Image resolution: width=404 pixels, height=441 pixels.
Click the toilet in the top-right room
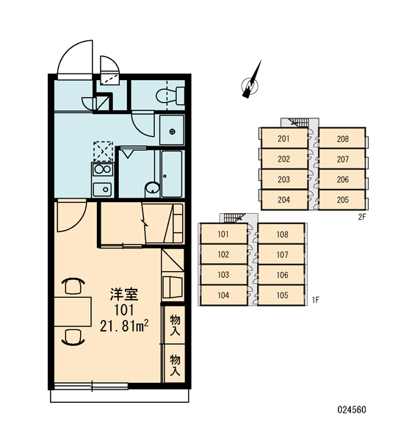pyautogui.click(x=170, y=96)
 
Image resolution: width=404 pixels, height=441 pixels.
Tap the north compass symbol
pyautogui.click(x=250, y=82)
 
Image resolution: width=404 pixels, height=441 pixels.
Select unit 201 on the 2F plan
pyautogui.click(x=284, y=138)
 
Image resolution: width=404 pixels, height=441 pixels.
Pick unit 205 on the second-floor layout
pyautogui.click(x=342, y=200)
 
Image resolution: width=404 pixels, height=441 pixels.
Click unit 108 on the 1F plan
pyautogui.click(x=281, y=234)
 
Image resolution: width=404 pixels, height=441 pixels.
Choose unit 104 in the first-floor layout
pyautogui.click(x=224, y=295)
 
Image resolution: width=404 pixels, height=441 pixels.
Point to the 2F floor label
pyautogui.click(x=362, y=217)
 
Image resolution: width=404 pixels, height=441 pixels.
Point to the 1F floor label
pyautogui.click(x=315, y=300)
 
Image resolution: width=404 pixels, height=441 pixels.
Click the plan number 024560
pyautogui.click(x=352, y=410)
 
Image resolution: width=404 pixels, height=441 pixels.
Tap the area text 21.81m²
pyautogui.click(x=124, y=326)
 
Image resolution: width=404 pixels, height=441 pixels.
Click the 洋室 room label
pyautogui.click(x=123, y=294)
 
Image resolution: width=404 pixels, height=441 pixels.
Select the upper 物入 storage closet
pyautogui.click(x=174, y=325)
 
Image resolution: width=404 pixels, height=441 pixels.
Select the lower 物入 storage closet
pyautogui.click(x=174, y=364)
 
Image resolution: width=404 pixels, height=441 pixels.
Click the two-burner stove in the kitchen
pyautogui.click(x=102, y=170)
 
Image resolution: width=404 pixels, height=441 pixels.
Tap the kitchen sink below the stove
pyautogui.click(x=102, y=189)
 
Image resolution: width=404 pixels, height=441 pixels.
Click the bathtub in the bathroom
pyautogui.click(x=171, y=173)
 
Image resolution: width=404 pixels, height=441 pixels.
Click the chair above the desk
pyautogui.click(x=73, y=286)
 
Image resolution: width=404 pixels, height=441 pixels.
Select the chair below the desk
pyautogui.click(x=73, y=337)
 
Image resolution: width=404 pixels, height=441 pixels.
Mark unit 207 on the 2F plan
pyautogui.click(x=342, y=159)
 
